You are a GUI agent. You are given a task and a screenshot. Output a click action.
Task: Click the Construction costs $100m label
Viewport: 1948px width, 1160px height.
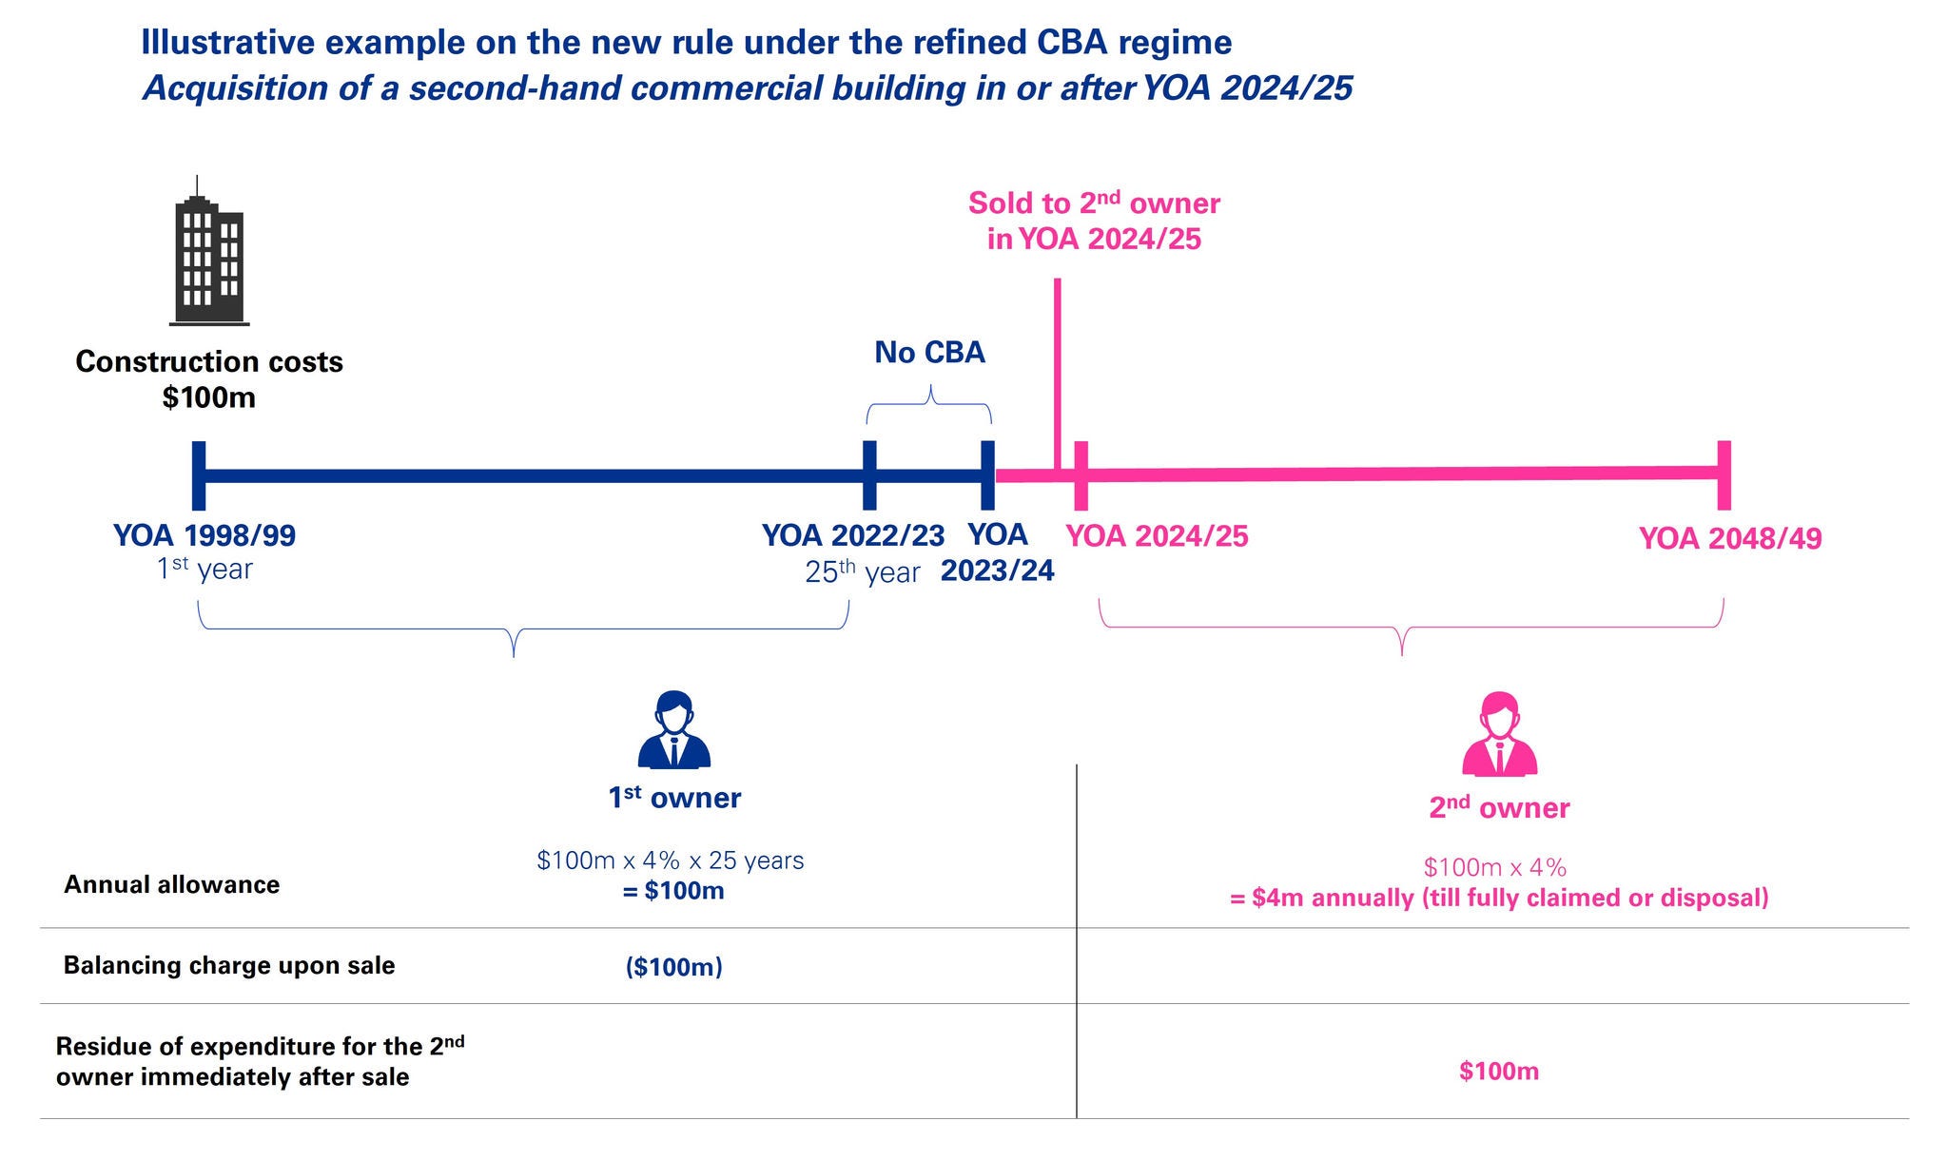point(209,378)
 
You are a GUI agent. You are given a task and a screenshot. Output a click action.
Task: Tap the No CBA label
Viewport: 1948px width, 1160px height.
point(929,353)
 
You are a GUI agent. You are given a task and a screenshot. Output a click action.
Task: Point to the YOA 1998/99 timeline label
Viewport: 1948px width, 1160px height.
point(205,535)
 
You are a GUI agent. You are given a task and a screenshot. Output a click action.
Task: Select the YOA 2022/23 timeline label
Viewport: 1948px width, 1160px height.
point(853,535)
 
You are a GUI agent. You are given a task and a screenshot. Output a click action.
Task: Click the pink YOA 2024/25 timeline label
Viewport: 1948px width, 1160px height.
point(1157,536)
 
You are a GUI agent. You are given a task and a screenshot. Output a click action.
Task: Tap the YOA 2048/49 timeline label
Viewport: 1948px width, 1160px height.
point(1730,538)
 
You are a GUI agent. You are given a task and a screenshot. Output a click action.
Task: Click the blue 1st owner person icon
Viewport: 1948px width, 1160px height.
point(674,729)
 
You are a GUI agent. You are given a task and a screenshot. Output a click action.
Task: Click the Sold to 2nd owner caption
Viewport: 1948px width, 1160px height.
point(1094,221)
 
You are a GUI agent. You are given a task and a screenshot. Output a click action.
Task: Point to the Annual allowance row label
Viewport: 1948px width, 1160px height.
point(172,884)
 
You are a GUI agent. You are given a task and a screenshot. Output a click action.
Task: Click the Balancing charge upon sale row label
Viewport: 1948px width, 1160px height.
point(229,965)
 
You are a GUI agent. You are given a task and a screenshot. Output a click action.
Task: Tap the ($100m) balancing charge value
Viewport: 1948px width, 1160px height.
point(673,967)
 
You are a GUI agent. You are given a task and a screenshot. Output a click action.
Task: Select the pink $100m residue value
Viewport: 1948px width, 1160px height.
point(1499,1072)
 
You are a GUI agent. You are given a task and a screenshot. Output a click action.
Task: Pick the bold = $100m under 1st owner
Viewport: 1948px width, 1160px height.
point(673,891)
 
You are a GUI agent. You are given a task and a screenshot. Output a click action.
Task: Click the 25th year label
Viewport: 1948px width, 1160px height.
point(863,572)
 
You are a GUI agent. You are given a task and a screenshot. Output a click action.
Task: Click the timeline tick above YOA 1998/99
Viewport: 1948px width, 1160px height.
point(199,475)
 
